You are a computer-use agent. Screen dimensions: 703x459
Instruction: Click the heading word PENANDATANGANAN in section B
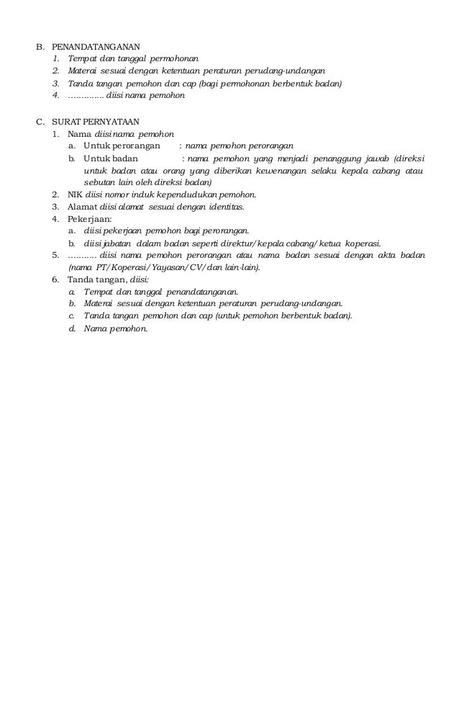tap(96, 46)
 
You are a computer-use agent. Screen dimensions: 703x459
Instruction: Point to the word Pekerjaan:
tap(90, 219)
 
